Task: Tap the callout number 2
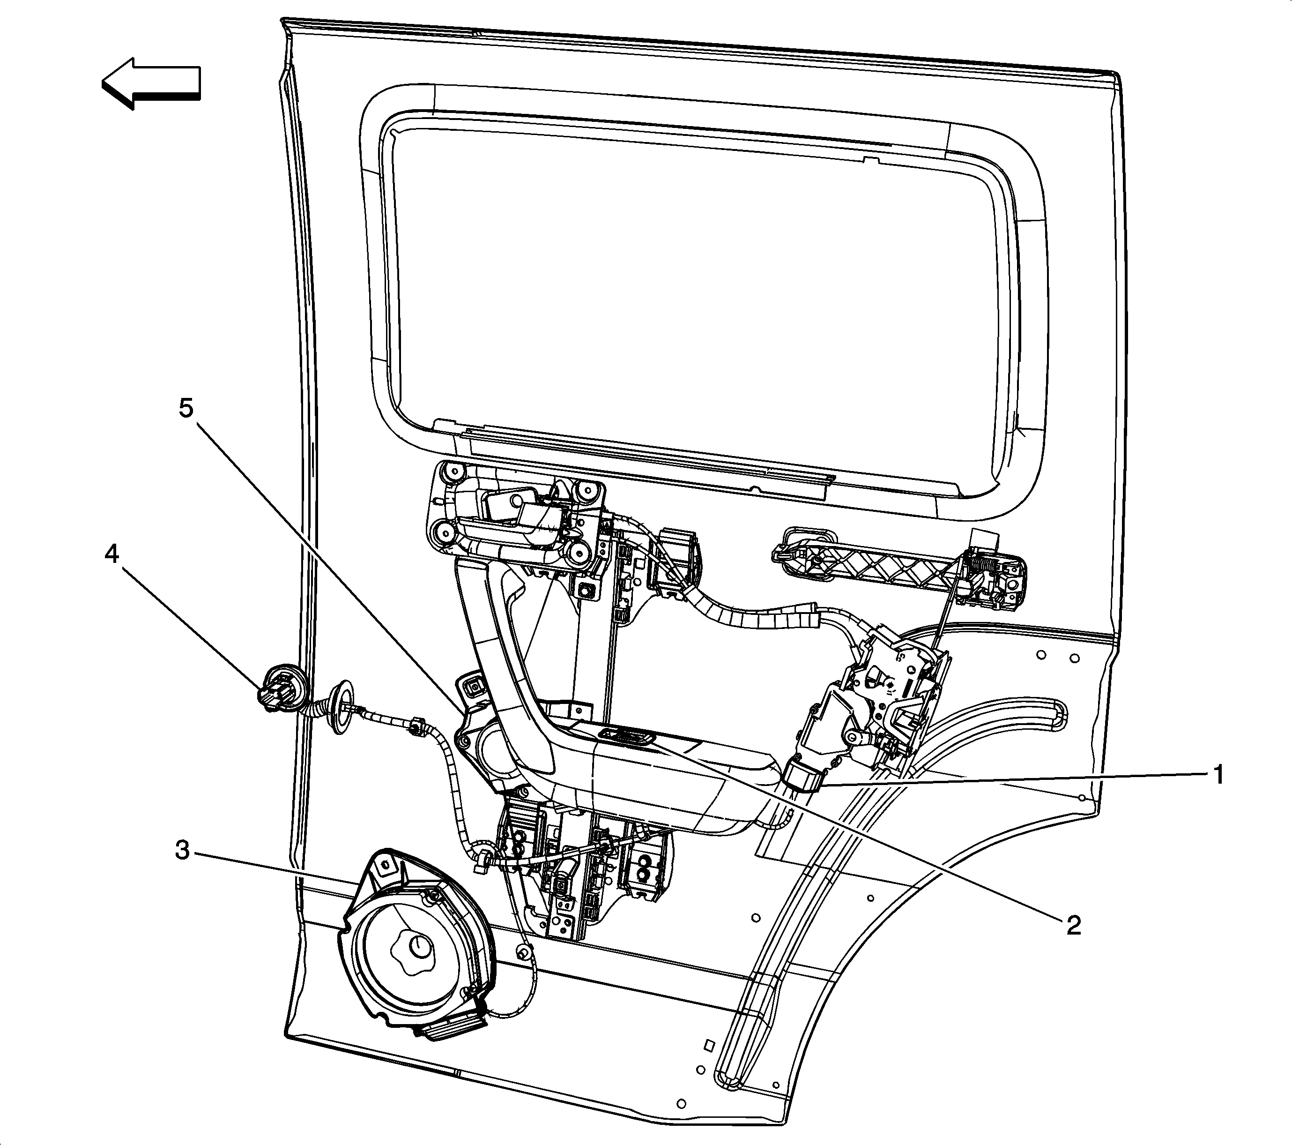[x=1074, y=925]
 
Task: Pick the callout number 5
[x=186, y=408]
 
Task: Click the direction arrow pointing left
[x=152, y=83]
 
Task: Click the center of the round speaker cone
[x=418, y=946]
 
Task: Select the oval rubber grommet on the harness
[x=342, y=707]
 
